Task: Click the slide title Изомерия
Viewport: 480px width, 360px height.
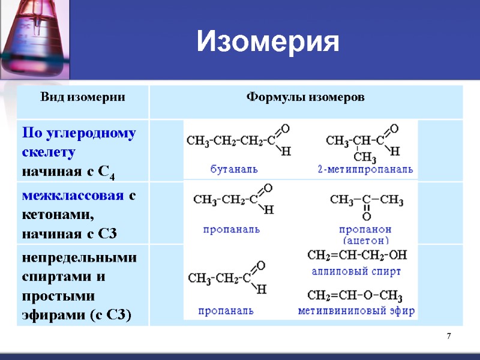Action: [x=268, y=42]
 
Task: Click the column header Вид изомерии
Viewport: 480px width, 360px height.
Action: [x=83, y=98]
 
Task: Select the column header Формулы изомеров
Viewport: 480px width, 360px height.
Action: [x=306, y=98]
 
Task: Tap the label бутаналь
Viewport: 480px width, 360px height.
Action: [x=234, y=169]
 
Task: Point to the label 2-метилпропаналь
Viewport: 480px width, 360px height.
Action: [x=365, y=169]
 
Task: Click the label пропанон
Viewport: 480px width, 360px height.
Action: [x=365, y=229]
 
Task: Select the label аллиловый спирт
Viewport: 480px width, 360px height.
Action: [x=356, y=271]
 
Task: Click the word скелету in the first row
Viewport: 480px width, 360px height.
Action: [x=49, y=152]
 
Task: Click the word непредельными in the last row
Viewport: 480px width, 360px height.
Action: [x=79, y=258]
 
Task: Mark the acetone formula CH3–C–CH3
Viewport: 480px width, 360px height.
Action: [x=366, y=199]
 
